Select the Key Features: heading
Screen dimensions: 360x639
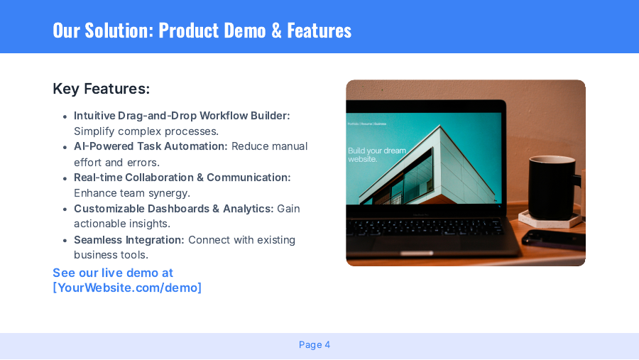click(x=102, y=89)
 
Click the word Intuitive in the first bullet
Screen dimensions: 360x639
click(x=95, y=116)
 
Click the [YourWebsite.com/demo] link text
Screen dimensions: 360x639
click(x=127, y=288)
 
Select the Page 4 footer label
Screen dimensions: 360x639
click(x=315, y=345)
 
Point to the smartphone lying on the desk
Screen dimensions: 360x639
click(x=555, y=239)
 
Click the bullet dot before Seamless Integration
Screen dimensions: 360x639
click(x=65, y=241)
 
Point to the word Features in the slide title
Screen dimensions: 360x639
click(x=319, y=31)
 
